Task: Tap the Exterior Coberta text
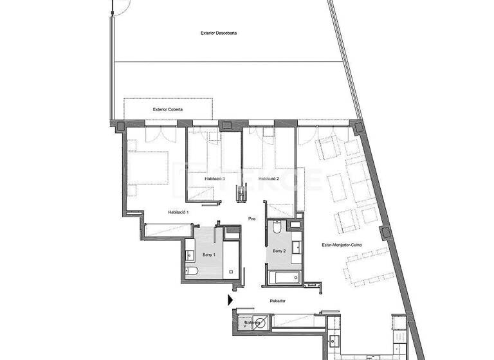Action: click(168, 109)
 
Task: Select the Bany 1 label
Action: click(209, 255)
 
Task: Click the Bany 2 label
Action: click(279, 251)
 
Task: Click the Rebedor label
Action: click(278, 301)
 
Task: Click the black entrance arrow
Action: click(230, 300)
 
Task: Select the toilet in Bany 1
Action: click(192, 273)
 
